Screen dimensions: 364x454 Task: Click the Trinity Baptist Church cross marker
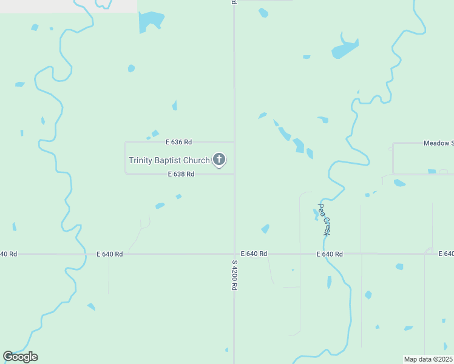pos(219,160)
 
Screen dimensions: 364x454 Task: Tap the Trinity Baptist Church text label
pos(169,161)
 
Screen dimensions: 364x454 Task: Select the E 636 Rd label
pos(178,142)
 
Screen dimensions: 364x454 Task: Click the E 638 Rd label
pos(181,174)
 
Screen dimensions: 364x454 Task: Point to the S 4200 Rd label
pos(234,275)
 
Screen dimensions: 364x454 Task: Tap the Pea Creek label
pos(325,220)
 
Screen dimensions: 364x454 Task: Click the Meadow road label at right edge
pos(438,143)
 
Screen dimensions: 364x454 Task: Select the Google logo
pos(20,357)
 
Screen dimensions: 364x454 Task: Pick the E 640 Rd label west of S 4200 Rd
pos(109,254)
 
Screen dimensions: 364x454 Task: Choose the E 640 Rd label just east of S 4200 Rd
pos(254,254)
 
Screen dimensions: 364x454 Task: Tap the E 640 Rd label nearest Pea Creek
pos(330,254)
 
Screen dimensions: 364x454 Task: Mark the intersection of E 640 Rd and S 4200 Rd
pos(234,254)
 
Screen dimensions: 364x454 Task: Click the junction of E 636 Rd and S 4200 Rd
pos(234,142)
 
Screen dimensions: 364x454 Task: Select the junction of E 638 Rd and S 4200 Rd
pos(234,174)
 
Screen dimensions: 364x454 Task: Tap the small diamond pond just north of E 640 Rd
pos(265,229)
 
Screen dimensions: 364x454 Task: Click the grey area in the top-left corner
pos(67,6)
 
